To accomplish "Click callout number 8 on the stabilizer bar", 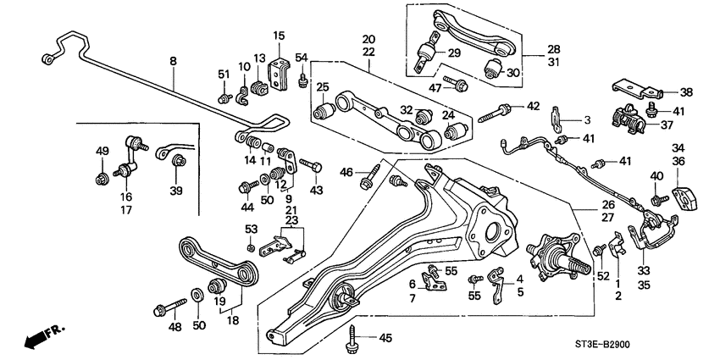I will tap(173, 62).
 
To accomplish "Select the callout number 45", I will tap(385, 339).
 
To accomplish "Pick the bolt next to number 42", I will tap(497, 110).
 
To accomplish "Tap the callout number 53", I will tap(251, 229).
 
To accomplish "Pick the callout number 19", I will tap(219, 300).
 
